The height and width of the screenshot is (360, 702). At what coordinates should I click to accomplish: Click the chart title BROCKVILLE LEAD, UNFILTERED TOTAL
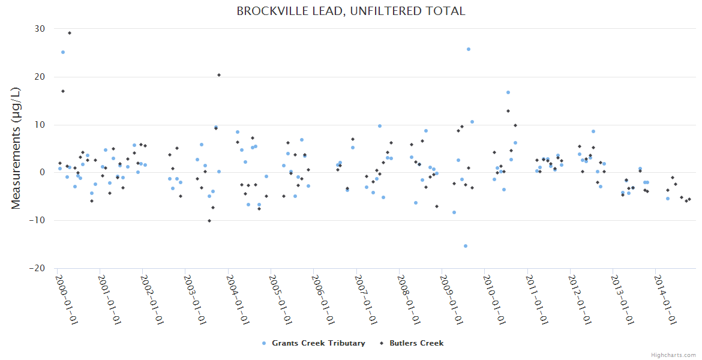click(x=351, y=11)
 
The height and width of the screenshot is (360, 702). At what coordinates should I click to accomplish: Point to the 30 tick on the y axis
click(x=40, y=29)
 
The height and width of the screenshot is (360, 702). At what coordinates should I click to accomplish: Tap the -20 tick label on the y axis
click(x=37, y=268)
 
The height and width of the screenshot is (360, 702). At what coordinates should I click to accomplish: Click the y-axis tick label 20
click(x=40, y=77)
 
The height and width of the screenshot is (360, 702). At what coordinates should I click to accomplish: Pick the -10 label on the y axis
click(x=37, y=220)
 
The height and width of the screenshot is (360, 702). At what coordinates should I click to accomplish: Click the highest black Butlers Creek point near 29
click(x=69, y=33)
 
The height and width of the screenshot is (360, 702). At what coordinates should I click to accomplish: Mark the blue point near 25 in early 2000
click(x=63, y=52)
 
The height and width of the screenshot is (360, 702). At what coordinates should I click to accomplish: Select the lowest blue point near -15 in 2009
click(x=466, y=246)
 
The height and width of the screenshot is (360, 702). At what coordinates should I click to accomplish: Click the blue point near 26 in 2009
click(x=469, y=49)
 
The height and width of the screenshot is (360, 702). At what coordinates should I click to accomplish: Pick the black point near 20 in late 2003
click(x=219, y=75)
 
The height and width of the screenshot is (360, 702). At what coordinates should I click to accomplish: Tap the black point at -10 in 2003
click(x=209, y=221)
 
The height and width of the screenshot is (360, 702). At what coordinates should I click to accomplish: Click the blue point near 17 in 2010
click(x=508, y=92)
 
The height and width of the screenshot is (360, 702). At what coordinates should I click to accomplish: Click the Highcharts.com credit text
click(x=674, y=355)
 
